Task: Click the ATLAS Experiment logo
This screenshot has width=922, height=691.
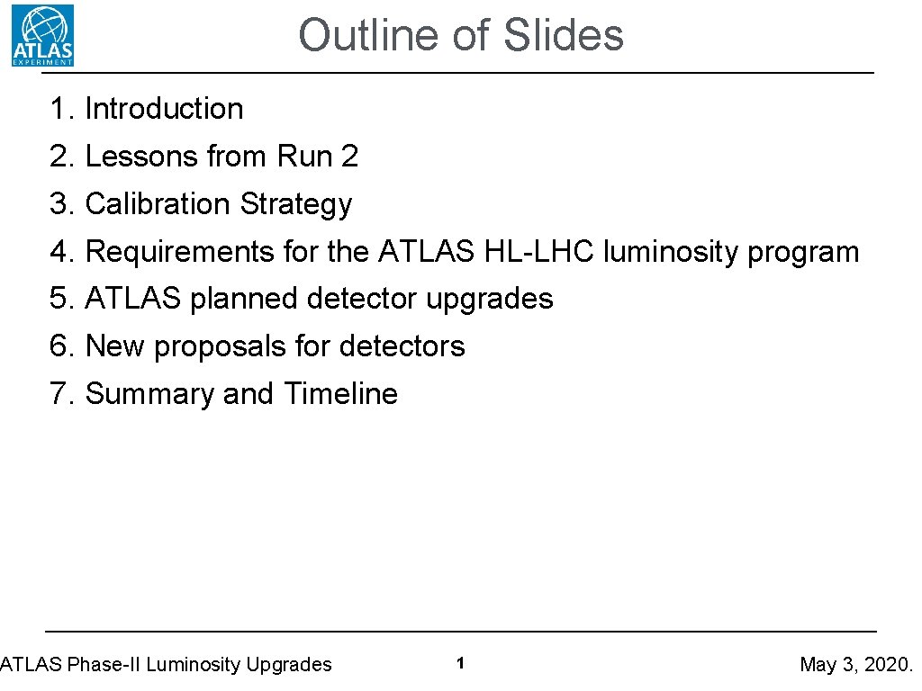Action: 42,35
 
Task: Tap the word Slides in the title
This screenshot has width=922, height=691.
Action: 564,36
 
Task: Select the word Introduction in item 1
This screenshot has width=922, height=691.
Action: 164,109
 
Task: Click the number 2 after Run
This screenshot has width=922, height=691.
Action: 349,157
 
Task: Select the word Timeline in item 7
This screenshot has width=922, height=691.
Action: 341,394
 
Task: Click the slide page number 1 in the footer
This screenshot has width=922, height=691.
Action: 460,664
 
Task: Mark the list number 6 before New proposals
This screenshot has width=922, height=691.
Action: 59,346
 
